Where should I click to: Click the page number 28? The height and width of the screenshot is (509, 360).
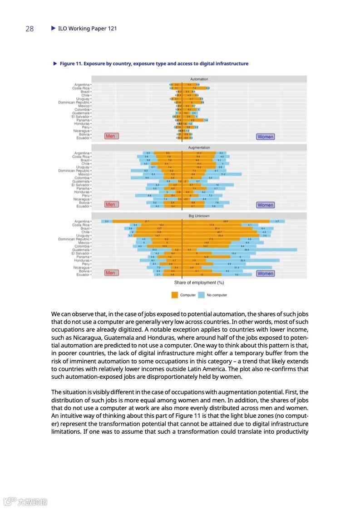pyautogui.click(x=30, y=29)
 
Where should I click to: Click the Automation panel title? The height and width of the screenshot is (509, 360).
pyautogui.click(x=199, y=79)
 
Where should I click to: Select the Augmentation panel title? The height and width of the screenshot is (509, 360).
pyautogui.click(x=199, y=147)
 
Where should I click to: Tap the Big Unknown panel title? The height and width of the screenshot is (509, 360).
pyautogui.click(x=199, y=216)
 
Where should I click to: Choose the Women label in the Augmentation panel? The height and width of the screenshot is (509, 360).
pyautogui.click(x=265, y=205)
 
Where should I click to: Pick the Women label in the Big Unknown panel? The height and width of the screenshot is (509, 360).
pyautogui.click(x=265, y=274)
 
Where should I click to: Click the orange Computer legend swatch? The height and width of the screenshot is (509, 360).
pyautogui.click(x=175, y=295)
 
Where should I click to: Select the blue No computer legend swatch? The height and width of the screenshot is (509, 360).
pyautogui.click(x=201, y=295)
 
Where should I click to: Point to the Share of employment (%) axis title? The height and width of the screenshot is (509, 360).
pyautogui.click(x=199, y=283)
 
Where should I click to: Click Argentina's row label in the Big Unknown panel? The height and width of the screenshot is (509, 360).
pyautogui.click(x=82, y=221)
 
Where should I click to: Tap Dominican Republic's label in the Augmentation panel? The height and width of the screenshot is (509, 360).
pyautogui.click(x=74, y=171)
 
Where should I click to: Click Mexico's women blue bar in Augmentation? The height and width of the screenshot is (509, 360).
pyautogui.click(x=223, y=174)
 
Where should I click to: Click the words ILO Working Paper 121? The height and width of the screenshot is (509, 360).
pyautogui.click(x=87, y=29)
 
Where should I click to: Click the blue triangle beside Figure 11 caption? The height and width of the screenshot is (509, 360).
pyautogui.click(x=55, y=64)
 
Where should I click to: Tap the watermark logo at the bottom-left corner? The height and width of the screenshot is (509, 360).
pyautogui.click(x=10, y=502)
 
